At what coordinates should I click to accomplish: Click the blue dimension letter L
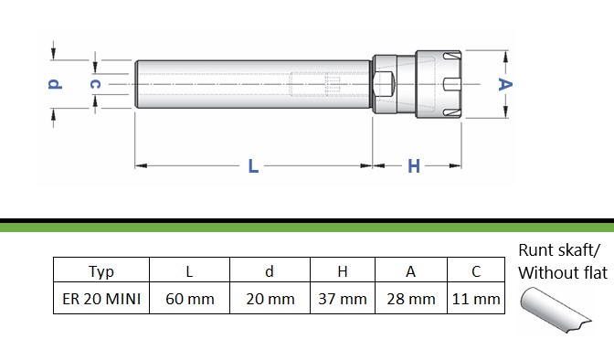pyautogui.click(x=253, y=166)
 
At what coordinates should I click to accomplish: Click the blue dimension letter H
pyautogui.click(x=414, y=166)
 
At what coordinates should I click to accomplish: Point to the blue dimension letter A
pyautogui.click(x=505, y=84)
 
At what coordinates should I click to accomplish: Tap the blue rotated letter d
pyautogui.click(x=55, y=84)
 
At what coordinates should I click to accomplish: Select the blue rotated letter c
pyautogui.click(x=95, y=84)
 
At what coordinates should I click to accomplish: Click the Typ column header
pyautogui.click(x=101, y=271)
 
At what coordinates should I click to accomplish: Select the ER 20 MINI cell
pyautogui.click(x=101, y=299)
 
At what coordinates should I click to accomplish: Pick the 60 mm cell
pyautogui.click(x=189, y=299)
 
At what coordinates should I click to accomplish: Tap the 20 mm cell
pyautogui.click(x=270, y=299)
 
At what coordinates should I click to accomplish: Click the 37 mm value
pyautogui.click(x=343, y=299)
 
